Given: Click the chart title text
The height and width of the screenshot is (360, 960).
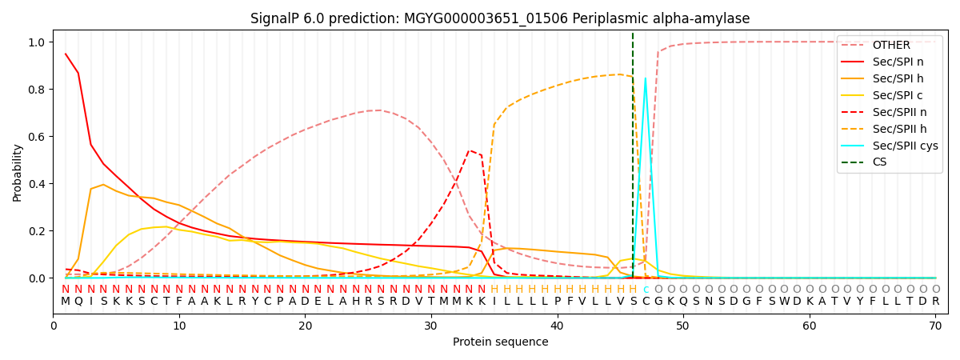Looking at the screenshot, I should [x=500, y=18].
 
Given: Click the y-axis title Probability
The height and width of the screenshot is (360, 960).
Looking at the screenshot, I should [x=18, y=172].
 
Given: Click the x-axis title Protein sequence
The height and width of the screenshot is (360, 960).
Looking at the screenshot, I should [x=500, y=342].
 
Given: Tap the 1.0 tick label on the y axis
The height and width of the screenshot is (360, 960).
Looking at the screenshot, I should [x=38, y=42].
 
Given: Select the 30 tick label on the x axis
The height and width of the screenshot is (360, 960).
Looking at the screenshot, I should [x=431, y=326].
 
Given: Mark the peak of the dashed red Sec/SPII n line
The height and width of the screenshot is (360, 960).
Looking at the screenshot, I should [x=470, y=150].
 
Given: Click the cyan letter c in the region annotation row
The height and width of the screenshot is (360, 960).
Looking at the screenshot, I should [x=646, y=290].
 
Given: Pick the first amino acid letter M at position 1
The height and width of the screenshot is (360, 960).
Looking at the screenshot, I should [x=66, y=302].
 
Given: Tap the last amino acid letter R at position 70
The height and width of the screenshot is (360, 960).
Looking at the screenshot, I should [x=935, y=302].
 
